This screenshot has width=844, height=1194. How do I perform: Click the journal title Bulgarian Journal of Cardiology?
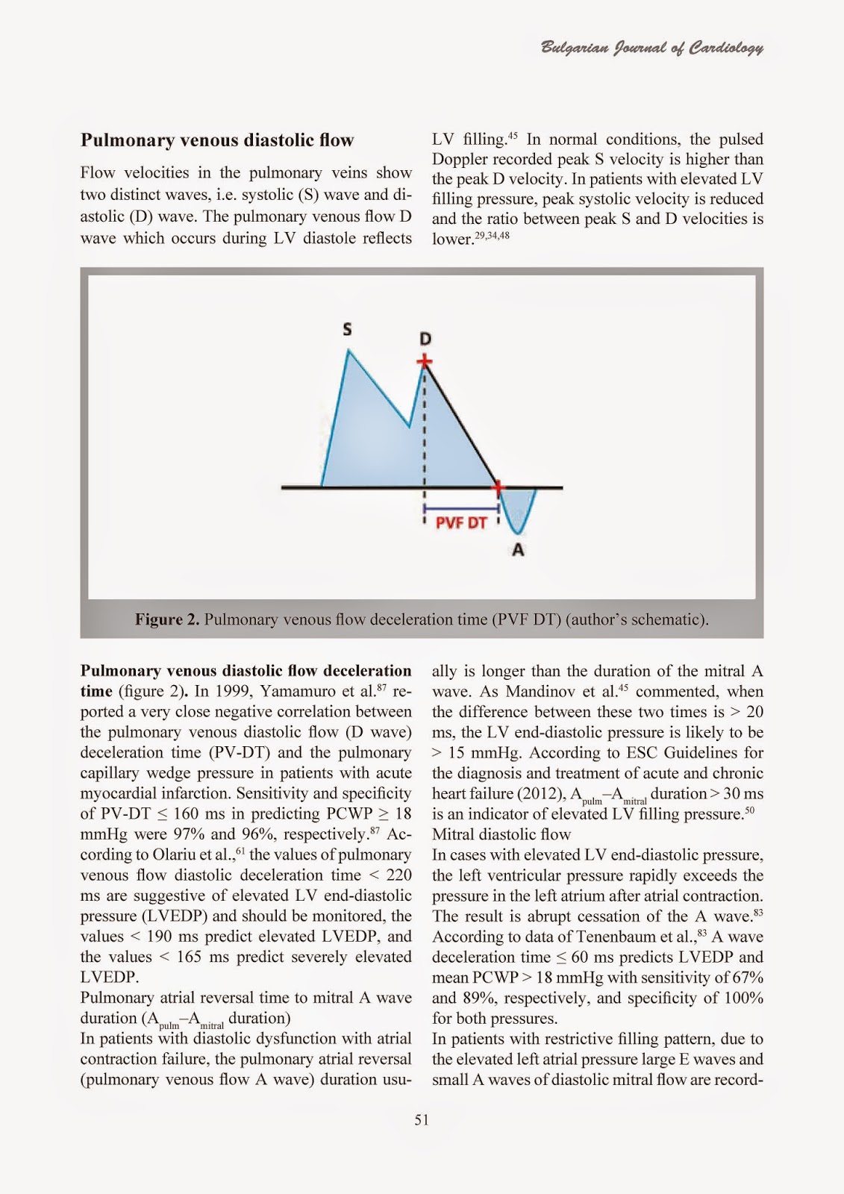coord(651,49)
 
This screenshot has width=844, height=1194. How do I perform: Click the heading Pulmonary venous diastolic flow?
coord(217,140)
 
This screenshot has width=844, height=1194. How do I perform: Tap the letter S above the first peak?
coord(348,328)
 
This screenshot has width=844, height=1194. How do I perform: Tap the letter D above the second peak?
coord(425,339)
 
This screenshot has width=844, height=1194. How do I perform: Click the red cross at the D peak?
coord(425,363)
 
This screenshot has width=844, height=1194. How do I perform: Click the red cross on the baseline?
coord(498,487)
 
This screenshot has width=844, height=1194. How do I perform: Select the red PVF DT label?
coord(460,522)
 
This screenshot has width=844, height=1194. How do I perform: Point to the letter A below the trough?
coord(518,550)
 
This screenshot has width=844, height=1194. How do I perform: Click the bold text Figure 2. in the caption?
coord(166,619)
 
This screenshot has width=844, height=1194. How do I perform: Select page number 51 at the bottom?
coord(422,1119)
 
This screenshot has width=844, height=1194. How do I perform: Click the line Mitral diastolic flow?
coord(501,834)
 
